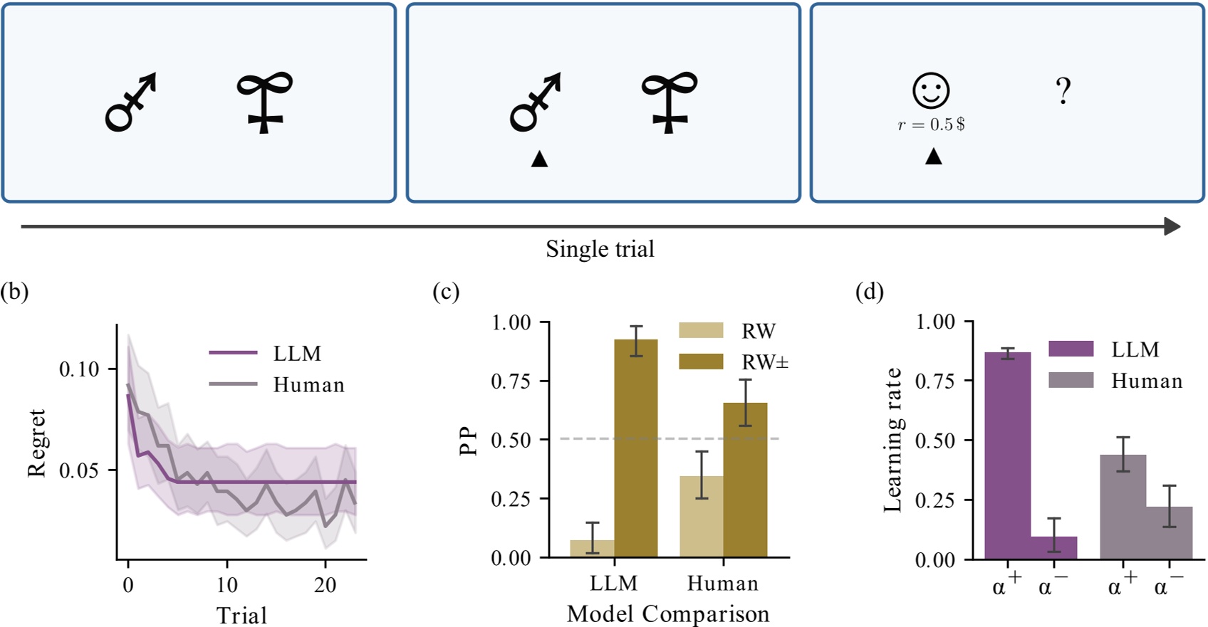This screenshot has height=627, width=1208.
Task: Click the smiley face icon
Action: (931, 91)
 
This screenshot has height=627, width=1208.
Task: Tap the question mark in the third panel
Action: (1063, 92)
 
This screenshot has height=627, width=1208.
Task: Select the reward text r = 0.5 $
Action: (931, 125)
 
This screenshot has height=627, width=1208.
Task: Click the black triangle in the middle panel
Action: (539, 159)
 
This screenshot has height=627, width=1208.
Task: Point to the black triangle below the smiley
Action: (933, 157)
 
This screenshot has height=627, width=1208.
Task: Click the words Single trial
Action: (600, 249)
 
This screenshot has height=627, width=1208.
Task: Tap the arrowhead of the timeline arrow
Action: (1172, 226)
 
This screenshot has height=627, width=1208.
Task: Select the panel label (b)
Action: (14, 292)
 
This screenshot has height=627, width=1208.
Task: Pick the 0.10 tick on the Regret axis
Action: (78, 369)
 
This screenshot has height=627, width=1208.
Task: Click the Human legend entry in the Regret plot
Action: (308, 385)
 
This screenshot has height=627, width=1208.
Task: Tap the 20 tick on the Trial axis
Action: (326, 585)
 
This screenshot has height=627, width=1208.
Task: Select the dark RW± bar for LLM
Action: (636, 448)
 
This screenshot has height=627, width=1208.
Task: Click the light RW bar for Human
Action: (702, 516)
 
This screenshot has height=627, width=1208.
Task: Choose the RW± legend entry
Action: (764, 362)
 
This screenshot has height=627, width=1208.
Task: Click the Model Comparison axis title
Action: (667, 613)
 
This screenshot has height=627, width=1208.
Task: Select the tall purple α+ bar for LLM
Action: (1007, 455)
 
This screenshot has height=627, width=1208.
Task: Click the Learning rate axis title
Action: (892, 441)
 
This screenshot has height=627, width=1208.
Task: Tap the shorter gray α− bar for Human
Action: (1169, 532)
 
